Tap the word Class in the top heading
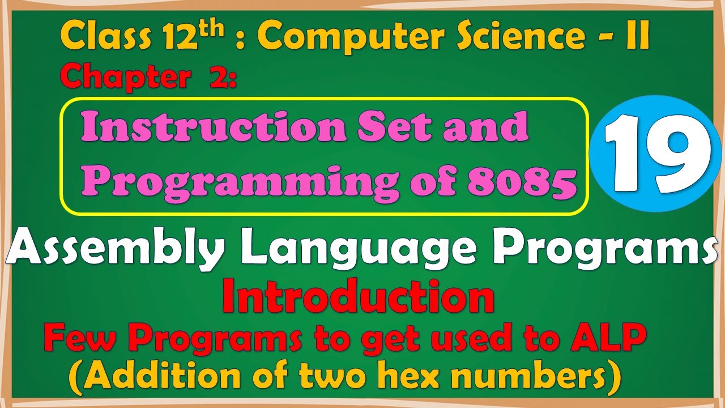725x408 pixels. (96, 37)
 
